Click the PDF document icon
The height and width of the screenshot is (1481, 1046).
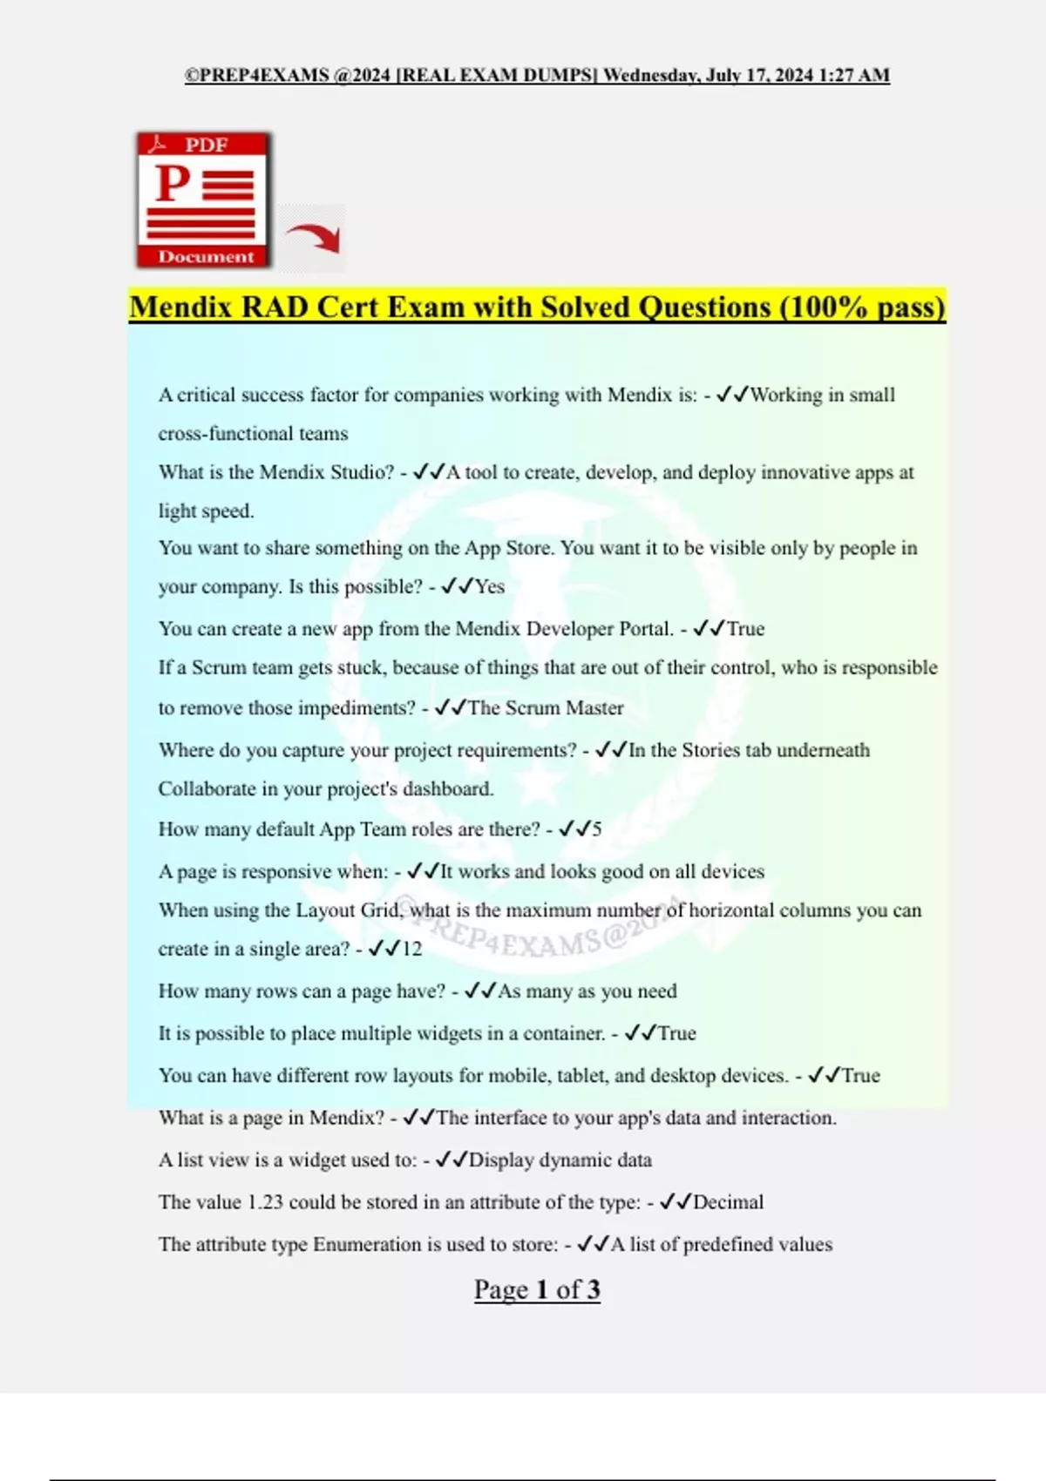204,199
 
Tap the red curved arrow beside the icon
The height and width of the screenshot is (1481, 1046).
314,237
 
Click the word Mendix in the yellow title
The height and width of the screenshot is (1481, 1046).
181,308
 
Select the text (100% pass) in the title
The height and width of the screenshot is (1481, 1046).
862,308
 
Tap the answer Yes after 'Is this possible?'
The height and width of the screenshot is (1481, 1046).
490,587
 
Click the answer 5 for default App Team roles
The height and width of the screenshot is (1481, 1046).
597,829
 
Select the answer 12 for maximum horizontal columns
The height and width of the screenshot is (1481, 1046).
411,950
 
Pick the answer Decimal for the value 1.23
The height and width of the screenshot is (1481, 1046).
728,1202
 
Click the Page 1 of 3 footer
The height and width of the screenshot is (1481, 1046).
537,1289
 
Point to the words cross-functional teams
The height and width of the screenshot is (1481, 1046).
253,434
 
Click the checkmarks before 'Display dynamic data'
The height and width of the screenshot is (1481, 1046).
452,1160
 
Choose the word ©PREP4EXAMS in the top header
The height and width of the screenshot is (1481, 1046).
257,75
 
